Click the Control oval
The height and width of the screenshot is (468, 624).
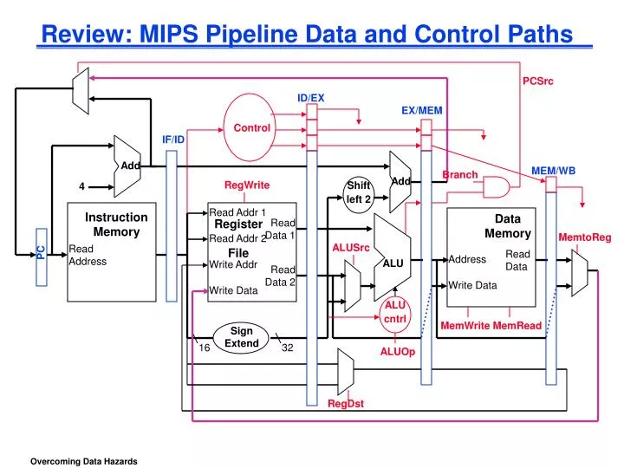252,127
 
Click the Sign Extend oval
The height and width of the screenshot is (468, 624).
242,337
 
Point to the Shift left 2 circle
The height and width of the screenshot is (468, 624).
358,192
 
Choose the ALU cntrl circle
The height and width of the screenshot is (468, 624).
395,312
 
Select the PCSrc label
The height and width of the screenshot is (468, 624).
537,81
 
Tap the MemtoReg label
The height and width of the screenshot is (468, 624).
584,237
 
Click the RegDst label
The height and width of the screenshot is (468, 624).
346,403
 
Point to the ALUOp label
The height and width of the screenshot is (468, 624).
398,352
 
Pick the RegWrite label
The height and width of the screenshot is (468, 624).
247,185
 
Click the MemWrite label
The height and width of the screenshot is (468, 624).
465,326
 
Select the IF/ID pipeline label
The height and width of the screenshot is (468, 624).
173,140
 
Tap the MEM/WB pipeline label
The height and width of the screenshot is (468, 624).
553,171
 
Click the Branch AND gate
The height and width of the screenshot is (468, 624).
496,187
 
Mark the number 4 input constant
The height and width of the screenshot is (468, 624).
81,186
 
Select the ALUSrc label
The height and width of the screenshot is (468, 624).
351,248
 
